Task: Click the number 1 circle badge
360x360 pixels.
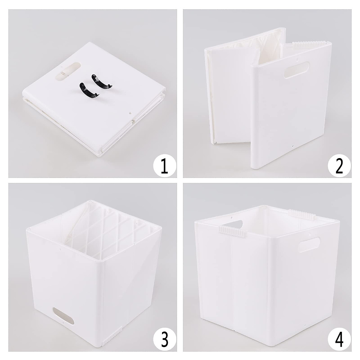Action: click(x=164, y=166)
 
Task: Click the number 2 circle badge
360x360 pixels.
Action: click(x=339, y=166)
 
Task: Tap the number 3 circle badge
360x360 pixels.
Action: click(x=164, y=339)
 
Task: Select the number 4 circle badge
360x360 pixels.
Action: click(x=339, y=339)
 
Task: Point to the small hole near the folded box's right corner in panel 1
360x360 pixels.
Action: click(x=130, y=114)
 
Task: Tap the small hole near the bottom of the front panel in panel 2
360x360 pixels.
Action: click(x=293, y=147)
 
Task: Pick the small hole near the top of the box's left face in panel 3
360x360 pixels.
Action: click(x=60, y=248)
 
